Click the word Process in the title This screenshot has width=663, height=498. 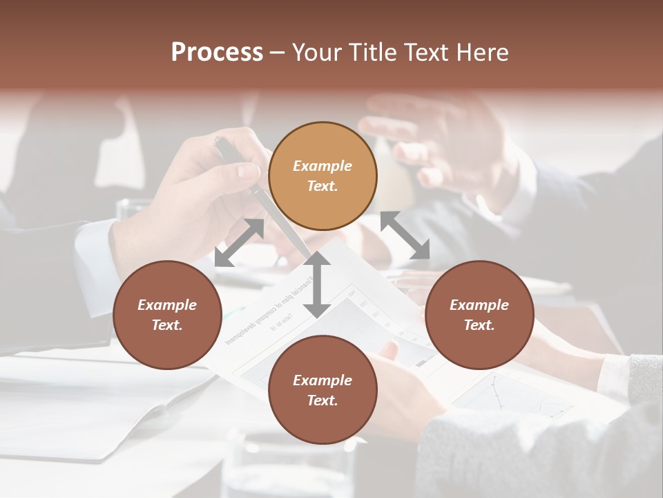click(x=217, y=53)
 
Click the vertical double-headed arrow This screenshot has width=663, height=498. click(x=317, y=285)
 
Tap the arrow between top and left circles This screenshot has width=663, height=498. click(x=239, y=242)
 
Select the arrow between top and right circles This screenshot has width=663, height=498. click(x=405, y=235)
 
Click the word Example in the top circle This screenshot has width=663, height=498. click(x=323, y=166)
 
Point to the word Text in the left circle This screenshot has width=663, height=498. click(x=167, y=325)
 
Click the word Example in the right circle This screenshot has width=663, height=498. click(x=479, y=305)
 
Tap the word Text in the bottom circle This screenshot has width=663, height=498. click(x=323, y=400)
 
